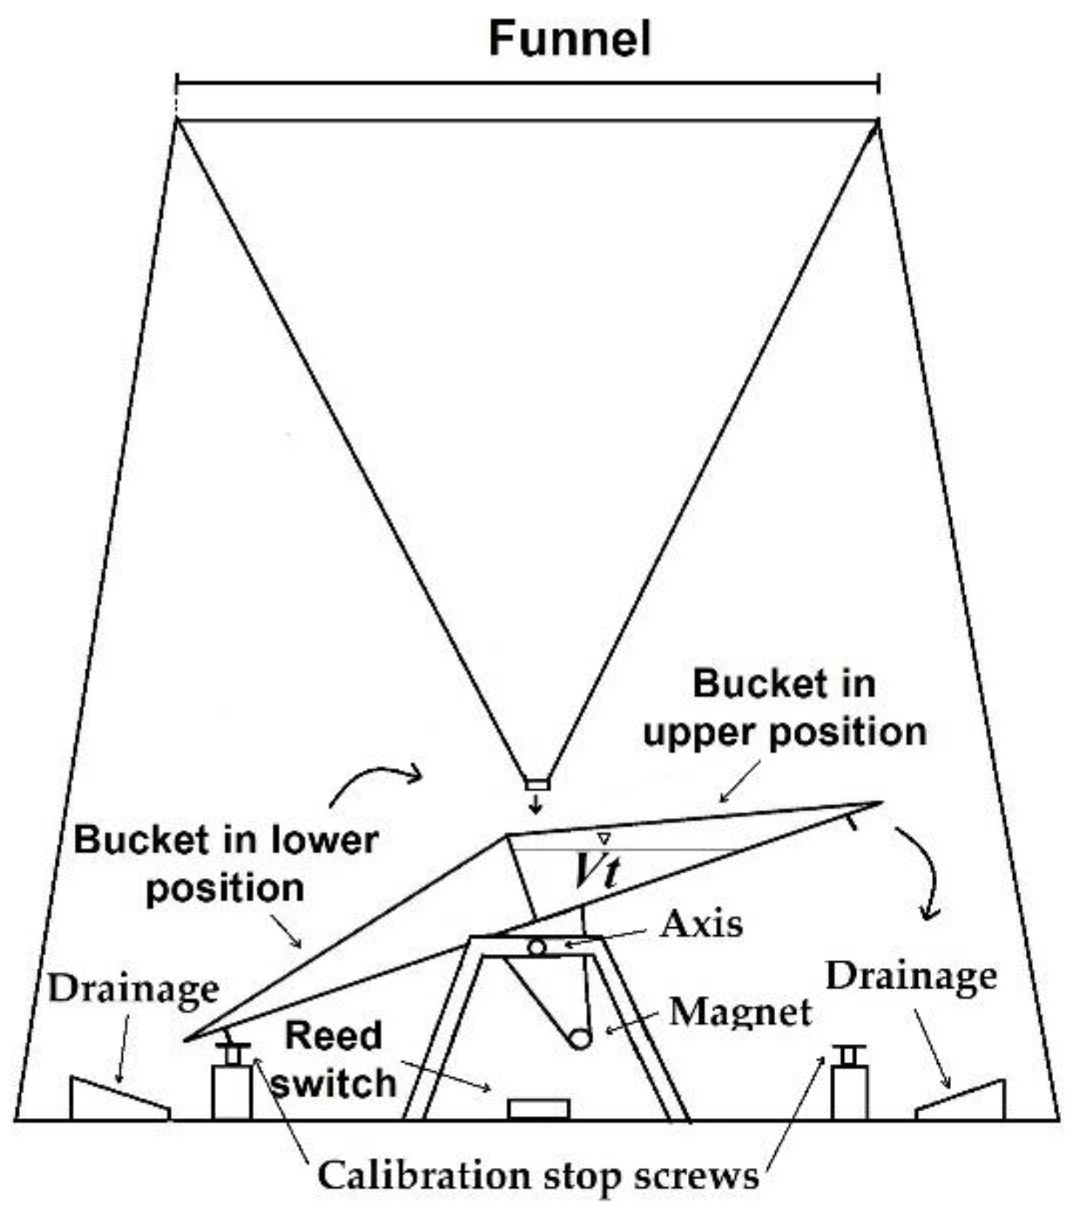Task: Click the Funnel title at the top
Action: tap(570, 38)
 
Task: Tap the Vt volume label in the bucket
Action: tap(596, 874)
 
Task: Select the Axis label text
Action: tap(701, 924)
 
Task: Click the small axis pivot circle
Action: tap(537, 947)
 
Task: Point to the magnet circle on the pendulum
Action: tap(580, 1038)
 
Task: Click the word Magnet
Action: tap(740, 1012)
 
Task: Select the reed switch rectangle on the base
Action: tap(538, 1109)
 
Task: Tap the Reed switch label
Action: tap(334, 1060)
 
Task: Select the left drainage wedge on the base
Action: tap(118, 1100)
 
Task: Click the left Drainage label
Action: tap(134, 989)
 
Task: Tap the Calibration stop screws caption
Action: tap(538, 1174)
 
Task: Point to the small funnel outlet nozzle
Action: tap(537, 783)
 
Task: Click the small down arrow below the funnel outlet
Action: tap(537, 805)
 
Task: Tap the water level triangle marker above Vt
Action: tap(604, 839)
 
